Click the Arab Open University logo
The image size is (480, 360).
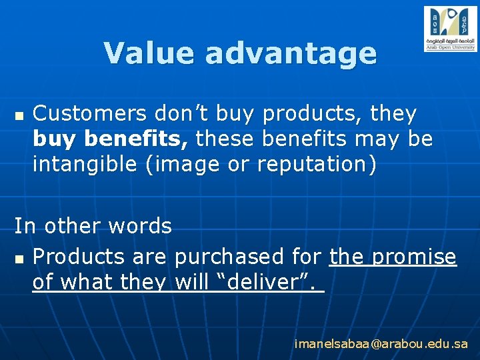click(x=451, y=29)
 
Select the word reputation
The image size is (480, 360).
click(x=312, y=165)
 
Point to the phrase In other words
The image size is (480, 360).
click(x=93, y=226)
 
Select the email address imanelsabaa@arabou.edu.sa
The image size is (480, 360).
click(x=381, y=344)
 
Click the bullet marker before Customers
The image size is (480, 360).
click(x=18, y=115)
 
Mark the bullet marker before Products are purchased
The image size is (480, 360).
click(x=18, y=257)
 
